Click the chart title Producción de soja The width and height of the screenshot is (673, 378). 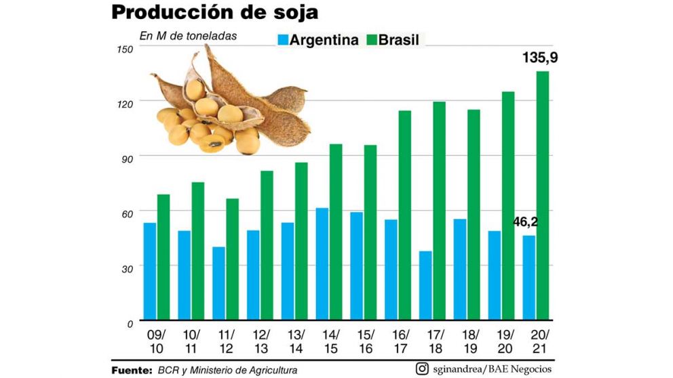pyautogui.click(x=214, y=14)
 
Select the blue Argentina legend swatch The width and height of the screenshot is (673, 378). pyautogui.click(x=282, y=40)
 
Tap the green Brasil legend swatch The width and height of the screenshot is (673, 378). pyautogui.click(x=370, y=40)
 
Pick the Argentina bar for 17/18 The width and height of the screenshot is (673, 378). pyautogui.click(x=425, y=285)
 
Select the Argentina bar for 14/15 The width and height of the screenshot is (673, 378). pyautogui.click(x=322, y=264)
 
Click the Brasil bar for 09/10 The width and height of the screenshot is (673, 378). pyautogui.click(x=164, y=257)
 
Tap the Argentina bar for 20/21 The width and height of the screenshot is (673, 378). pyautogui.click(x=529, y=277)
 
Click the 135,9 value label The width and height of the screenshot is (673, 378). pyautogui.click(x=540, y=58)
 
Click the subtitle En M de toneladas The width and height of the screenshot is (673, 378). pyautogui.click(x=188, y=36)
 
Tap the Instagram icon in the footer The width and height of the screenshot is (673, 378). pyautogui.click(x=422, y=369)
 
